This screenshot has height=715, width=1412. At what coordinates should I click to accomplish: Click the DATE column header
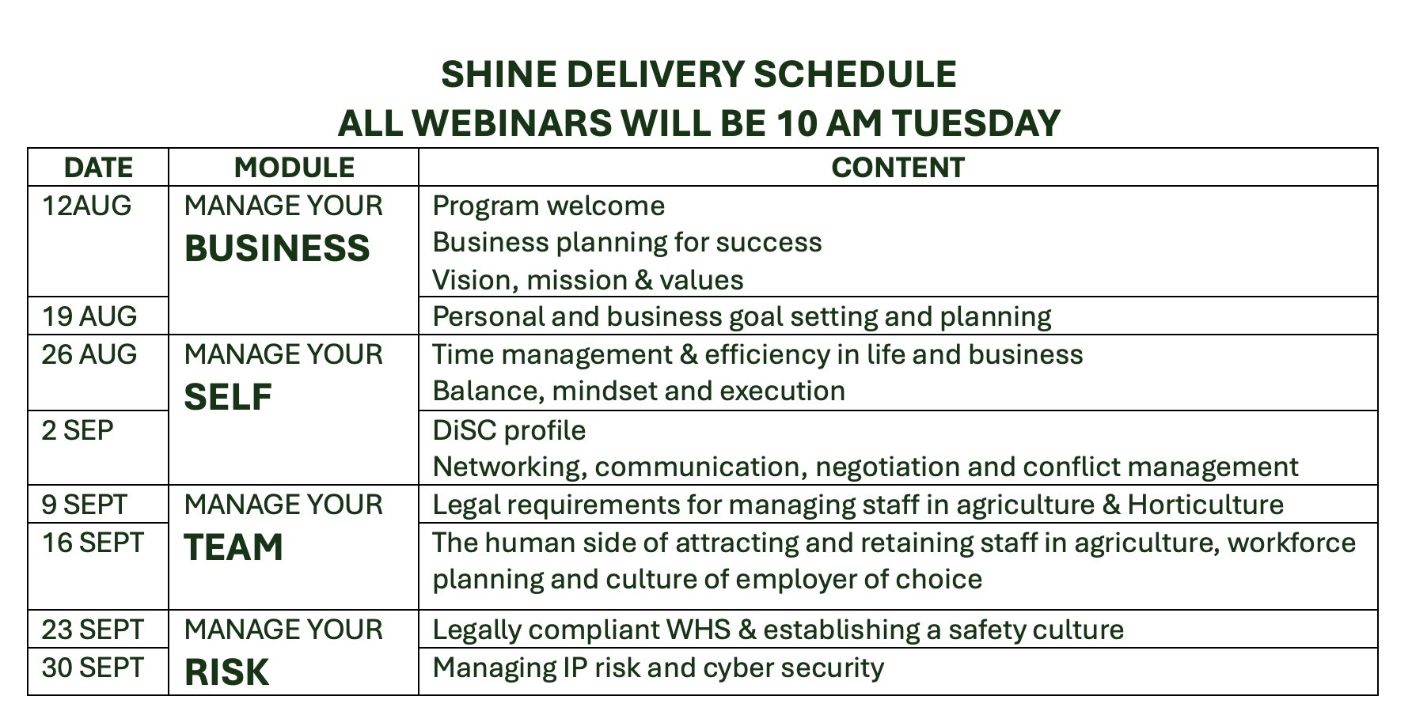pyautogui.click(x=98, y=168)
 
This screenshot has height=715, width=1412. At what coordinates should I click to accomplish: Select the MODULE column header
pyautogui.click(x=294, y=168)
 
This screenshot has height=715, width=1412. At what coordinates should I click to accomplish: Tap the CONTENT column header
pyautogui.click(x=898, y=168)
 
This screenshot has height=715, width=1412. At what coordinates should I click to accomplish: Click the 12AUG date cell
pyautogui.click(x=86, y=206)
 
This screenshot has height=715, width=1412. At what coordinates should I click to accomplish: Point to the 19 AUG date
pyautogui.click(x=89, y=316)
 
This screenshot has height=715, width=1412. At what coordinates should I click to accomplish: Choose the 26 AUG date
pyautogui.click(x=89, y=354)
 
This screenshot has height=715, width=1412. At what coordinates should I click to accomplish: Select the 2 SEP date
pyautogui.click(x=78, y=430)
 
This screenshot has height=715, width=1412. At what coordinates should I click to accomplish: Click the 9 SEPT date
pyautogui.click(x=85, y=505)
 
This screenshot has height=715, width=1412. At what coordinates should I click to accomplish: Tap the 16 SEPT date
pyautogui.click(x=93, y=543)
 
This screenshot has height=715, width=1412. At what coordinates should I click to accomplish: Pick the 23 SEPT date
pyautogui.click(x=93, y=630)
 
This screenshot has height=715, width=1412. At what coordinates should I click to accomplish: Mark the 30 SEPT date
pyautogui.click(x=93, y=668)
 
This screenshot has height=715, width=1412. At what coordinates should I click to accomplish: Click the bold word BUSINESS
pyautogui.click(x=277, y=248)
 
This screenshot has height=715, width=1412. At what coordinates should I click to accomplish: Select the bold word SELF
pyautogui.click(x=228, y=397)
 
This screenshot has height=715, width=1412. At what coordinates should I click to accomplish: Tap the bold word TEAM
pyautogui.click(x=233, y=547)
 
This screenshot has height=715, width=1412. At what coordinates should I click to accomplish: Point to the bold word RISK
pyautogui.click(x=226, y=672)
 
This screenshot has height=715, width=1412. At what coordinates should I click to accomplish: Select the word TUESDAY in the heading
pyautogui.click(x=976, y=123)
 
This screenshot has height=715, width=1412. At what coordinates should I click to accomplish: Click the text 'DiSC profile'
pyautogui.click(x=509, y=430)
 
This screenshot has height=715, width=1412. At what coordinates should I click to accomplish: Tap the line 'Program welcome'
pyautogui.click(x=548, y=206)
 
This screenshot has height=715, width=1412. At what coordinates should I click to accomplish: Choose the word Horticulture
pyautogui.click(x=1205, y=505)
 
